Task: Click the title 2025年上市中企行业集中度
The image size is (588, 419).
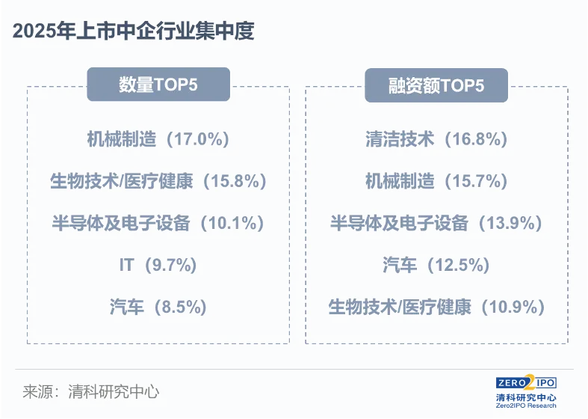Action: [x=134, y=31]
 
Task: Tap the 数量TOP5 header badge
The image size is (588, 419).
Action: [x=158, y=85]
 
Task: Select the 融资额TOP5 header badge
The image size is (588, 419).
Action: [x=436, y=85]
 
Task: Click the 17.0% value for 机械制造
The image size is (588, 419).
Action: [x=198, y=139]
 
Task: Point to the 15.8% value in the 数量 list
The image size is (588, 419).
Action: [x=235, y=181]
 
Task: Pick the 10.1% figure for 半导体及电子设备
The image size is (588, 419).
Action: [x=232, y=223]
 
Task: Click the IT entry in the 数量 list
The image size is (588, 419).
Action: [x=126, y=265]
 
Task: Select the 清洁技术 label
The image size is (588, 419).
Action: [x=400, y=139]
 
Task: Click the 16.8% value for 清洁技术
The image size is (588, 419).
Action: [x=476, y=139]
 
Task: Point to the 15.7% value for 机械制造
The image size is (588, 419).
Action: [x=476, y=181]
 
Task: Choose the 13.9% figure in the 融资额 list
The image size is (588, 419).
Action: [x=510, y=223]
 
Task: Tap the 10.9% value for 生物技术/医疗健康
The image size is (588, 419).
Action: [x=513, y=307]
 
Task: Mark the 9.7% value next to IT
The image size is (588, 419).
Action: [x=170, y=265]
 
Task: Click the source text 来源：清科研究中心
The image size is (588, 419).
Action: [x=91, y=392]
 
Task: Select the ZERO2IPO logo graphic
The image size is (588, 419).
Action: [x=526, y=383]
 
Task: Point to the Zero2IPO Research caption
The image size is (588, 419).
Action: [x=526, y=406]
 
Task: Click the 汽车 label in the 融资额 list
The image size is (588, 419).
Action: [x=400, y=265]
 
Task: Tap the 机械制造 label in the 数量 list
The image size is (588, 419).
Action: [x=122, y=139]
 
